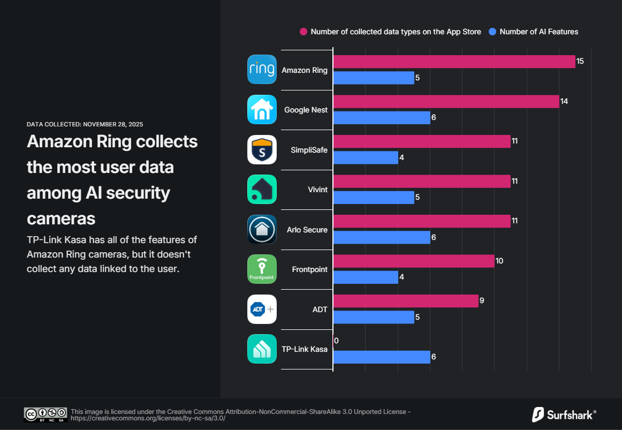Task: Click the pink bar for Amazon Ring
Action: tap(454, 62)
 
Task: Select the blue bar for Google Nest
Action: tap(382, 117)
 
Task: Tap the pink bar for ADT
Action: tap(406, 301)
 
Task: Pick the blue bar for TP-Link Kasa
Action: tap(382, 357)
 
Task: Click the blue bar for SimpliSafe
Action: tap(366, 157)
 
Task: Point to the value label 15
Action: tap(580, 62)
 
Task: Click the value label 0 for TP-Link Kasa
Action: tap(336, 341)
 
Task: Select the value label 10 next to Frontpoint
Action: tap(499, 261)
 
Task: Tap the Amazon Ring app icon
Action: tap(262, 70)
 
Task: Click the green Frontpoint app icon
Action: tap(262, 269)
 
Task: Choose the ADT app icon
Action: tap(262, 310)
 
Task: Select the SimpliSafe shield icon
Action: tap(262, 150)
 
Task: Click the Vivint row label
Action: tap(317, 190)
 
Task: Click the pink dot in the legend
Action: tap(304, 32)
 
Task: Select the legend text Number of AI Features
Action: tap(538, 32)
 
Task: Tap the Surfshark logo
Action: tap(564, 414)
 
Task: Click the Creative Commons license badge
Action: tap(45, 414)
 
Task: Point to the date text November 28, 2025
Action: tap(112, 124)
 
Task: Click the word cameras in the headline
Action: tap(61, 218)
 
